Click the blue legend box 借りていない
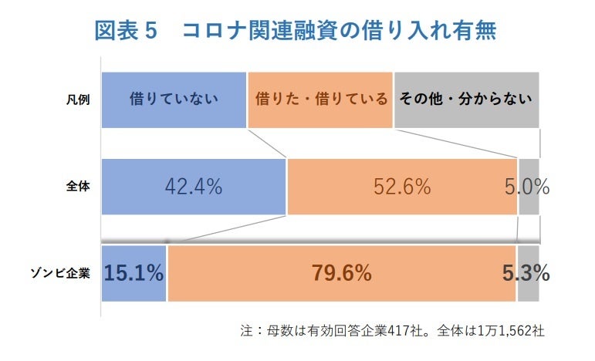(174, 100)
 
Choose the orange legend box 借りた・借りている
(320, 100)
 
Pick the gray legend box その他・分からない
(466, 100)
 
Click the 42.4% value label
(194, 187)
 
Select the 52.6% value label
(402, 187)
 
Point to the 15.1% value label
(134, 273)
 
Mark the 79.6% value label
(342, 273)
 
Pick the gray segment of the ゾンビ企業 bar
(528, 289)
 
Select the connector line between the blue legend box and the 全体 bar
(266, 143)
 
